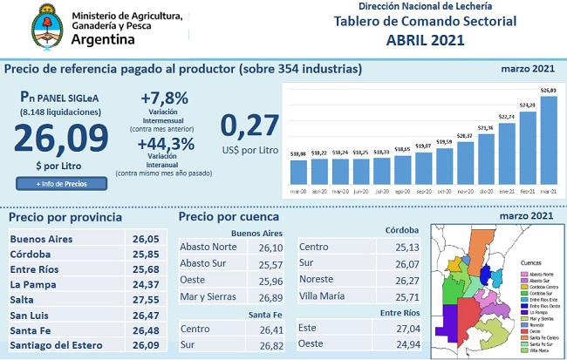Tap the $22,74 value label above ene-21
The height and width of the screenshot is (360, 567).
506,116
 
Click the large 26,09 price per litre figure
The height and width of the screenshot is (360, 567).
60,139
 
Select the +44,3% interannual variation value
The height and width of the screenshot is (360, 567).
167,144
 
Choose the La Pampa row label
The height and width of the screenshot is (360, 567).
34,284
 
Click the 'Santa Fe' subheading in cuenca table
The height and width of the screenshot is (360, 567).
264,314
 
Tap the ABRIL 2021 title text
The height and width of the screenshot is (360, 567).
425,39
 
